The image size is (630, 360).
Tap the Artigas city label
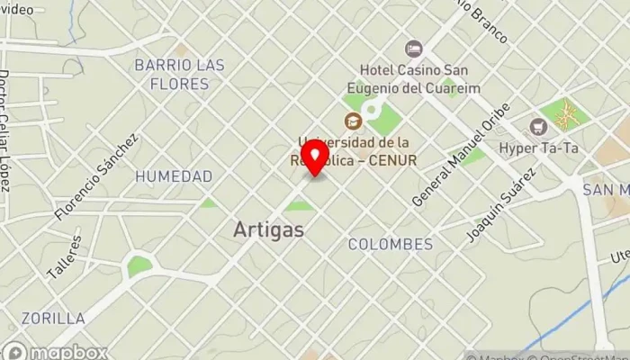pos(268,229)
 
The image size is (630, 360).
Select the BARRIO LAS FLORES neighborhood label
pos(179,75)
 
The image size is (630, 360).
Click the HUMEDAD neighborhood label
pos(174,176)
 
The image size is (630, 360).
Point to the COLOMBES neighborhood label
pos(390,244)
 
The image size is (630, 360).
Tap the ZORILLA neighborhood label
pos(54,318)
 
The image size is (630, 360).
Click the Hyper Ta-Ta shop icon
pos(539,127)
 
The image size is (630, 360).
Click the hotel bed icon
pos(414,49)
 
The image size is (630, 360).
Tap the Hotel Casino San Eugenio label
pos(419,78)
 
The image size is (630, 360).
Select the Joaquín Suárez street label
pos(502,205)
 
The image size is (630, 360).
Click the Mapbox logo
pos(55,352)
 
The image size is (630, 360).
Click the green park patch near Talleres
pos(139,266)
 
